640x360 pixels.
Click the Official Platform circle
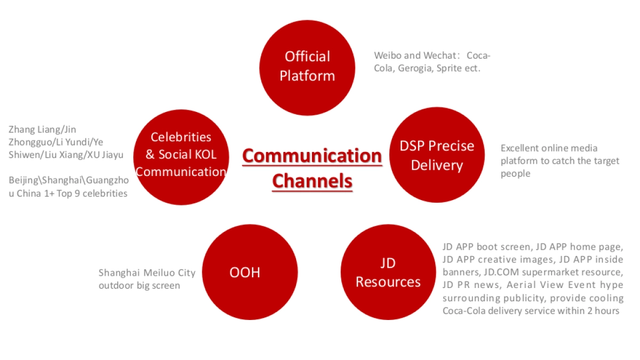tap(307, 68)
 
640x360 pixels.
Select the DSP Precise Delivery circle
tap(437, 155)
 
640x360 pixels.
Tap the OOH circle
tap(250, 272)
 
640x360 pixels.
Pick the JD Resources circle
tap(388, 272)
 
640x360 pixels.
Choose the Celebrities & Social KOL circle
tap(181, 157)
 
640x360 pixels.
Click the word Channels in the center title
tap(313, 181)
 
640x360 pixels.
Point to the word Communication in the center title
tap(312, 156)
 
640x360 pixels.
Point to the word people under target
tap(515, 174)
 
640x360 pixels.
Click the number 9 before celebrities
tap(77, 194)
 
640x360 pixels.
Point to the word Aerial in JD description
tap(517, 285)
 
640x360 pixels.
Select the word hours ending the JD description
tap(607, 310)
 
